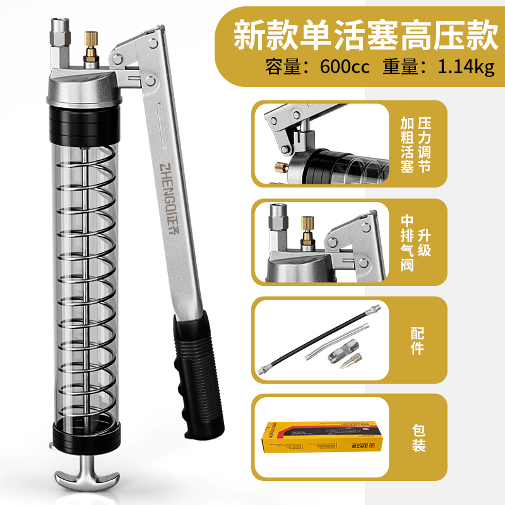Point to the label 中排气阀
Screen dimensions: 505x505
point(407,243)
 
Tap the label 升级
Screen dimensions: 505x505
point(424,243)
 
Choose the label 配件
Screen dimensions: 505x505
point(417,341)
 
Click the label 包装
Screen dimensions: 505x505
point(417,438)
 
